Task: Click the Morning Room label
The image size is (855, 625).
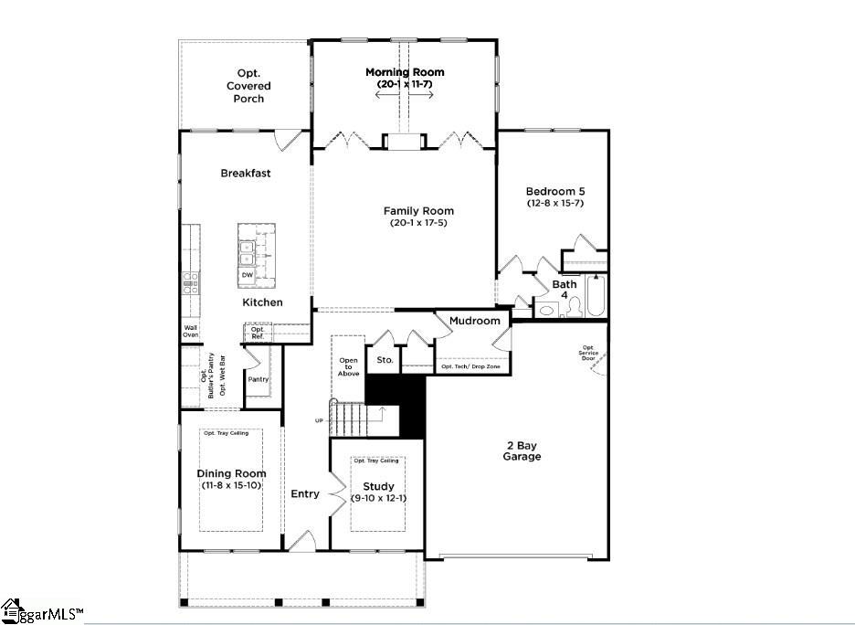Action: pos(405,72)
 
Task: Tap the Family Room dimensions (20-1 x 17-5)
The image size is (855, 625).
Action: pos(418,223)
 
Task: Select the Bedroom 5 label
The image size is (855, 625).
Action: pos(555,191)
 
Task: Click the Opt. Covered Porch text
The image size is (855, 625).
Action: pos(248,86)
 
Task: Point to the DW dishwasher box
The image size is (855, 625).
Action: pos(248,274)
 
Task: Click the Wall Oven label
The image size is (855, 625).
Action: pos(190,331)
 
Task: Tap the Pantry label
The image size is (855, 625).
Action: pos(259,378)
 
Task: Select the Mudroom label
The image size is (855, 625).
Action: pos(474,321)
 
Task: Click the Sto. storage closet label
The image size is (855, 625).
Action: pos(385,360)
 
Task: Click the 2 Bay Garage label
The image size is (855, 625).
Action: pos(522,450)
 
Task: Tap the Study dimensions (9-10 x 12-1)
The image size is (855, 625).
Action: pos(378,498)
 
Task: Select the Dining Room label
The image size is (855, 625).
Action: pos(232,473)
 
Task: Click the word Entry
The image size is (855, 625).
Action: pos(305,494)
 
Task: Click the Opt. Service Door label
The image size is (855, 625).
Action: pos(588,353)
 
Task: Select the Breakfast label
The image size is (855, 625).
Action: pos(245,173)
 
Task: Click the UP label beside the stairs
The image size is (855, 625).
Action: pos(319,419)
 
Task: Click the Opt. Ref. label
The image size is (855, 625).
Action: pos(258,333)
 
